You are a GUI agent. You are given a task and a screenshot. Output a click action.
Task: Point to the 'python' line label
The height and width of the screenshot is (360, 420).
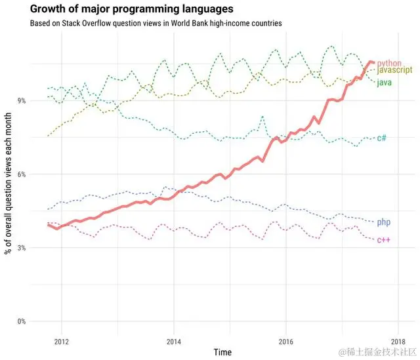click(x=388, y=63)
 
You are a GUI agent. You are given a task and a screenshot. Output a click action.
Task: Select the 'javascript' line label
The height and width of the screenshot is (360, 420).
click(x=394, y=70)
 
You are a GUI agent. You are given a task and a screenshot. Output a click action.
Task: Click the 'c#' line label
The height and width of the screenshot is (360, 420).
click(x=381, y=138)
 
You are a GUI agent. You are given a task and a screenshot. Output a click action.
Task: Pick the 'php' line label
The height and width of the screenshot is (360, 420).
click(x=384, y=223)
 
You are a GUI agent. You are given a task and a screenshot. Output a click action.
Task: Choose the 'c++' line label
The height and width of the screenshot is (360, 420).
click(x=383, y=241)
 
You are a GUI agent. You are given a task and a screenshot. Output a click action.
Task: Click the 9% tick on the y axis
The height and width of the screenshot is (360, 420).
click(x=21, y=100)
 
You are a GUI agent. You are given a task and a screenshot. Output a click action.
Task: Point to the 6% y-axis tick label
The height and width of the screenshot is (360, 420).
click(x=21, y=174)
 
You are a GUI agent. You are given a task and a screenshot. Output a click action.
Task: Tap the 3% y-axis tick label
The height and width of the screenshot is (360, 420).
click(x=21, y=247)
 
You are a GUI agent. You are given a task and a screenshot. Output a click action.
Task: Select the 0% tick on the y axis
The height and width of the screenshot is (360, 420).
click(x=21, y=321)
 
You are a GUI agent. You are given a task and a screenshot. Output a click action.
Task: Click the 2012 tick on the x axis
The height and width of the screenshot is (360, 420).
click(x=61, y=341)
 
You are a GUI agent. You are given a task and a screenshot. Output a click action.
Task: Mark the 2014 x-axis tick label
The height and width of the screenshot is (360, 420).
click(x=173, y=341)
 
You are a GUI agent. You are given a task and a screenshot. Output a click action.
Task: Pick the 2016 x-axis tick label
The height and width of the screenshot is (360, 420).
click(x=285, y=341)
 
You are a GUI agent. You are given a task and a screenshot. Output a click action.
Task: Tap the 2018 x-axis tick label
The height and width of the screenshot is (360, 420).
click(x=397, y=341)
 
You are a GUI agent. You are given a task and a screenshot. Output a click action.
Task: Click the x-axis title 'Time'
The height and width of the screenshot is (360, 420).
click(x=222, y=352)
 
